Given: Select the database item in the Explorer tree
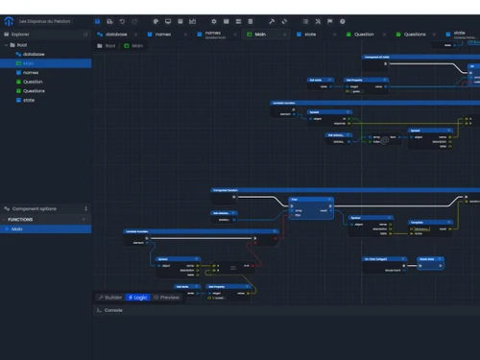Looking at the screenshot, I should pos(34,55).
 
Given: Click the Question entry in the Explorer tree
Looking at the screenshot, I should pos(33,82).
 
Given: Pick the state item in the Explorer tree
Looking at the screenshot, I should pos(29,100).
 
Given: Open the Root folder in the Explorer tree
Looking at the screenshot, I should pos(22,44).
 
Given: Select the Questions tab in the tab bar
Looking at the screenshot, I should pos(414,34).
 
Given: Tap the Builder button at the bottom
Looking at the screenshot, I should pos(111,298).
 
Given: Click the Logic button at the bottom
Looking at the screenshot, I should pos(138,298).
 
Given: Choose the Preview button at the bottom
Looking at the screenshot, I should pos(167,298).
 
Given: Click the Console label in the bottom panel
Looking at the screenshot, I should pos(112,310).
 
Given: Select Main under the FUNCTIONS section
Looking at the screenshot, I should pos(17,229).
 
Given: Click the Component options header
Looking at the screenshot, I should pos(38,208).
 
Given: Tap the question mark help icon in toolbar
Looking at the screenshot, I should pos(343,21).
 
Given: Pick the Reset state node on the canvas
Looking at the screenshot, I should pos(428,258).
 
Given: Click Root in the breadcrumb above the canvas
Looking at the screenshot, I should pos(109,45).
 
